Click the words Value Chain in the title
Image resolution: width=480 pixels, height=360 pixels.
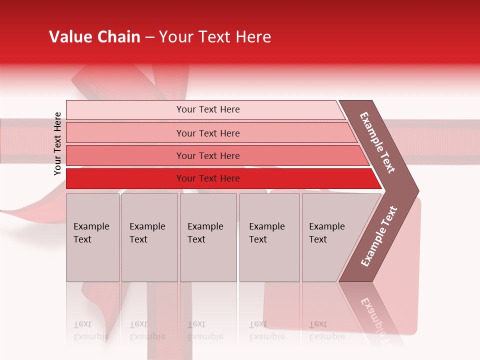94,37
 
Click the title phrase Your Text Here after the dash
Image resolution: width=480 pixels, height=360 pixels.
215,37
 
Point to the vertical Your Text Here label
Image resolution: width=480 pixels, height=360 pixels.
58,143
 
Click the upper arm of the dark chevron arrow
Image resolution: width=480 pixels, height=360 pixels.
377,142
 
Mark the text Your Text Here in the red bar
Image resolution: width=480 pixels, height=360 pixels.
208,178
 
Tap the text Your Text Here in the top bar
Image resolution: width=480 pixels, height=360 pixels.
208,109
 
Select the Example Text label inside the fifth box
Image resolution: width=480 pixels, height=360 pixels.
327,232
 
